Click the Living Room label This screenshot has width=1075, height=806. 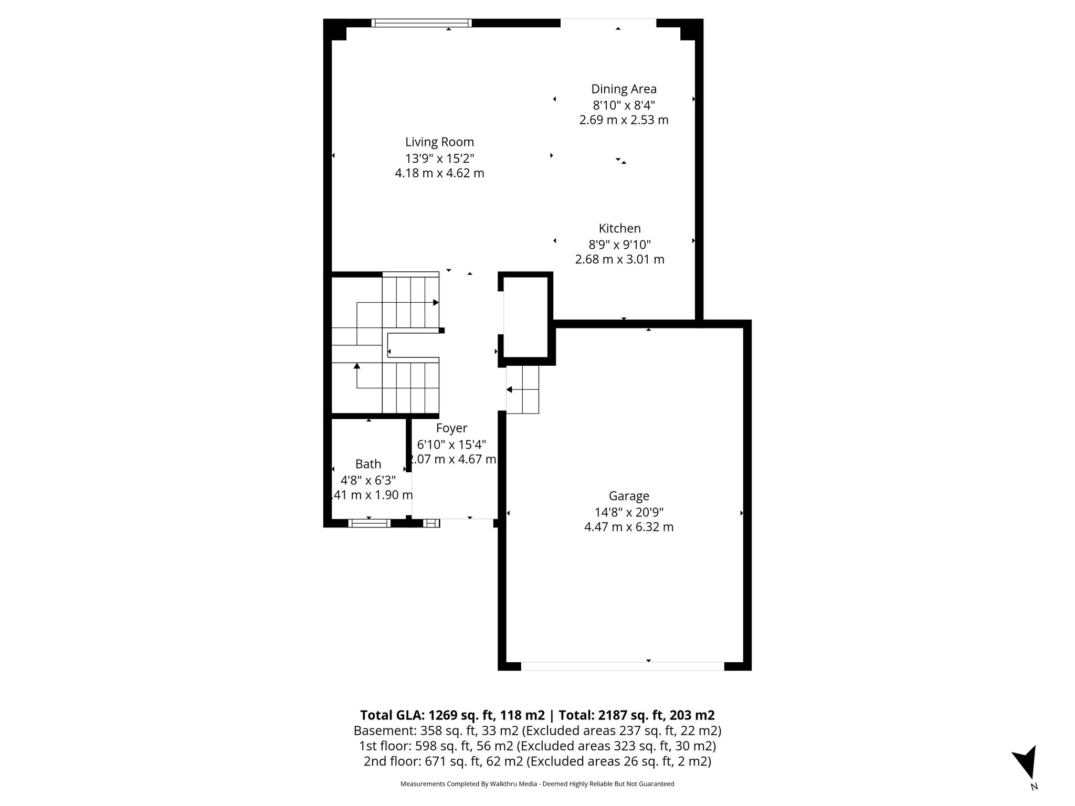439,142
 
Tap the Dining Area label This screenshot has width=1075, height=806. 624,89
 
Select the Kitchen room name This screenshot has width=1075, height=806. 619,229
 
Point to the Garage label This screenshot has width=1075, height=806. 629,496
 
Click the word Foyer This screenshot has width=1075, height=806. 451,428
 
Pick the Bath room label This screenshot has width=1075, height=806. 368,464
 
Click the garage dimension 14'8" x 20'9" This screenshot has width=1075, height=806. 629,512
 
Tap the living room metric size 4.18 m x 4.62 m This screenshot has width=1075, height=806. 439,173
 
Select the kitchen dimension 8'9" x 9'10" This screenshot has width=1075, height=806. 619,244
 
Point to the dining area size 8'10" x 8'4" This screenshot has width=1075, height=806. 624,104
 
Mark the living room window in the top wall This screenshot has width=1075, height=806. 421,23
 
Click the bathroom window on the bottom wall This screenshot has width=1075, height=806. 369,523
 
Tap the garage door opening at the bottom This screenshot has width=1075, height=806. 623,666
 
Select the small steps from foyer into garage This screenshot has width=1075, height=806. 523,389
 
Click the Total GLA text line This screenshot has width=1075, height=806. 537,715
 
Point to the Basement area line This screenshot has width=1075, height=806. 537,730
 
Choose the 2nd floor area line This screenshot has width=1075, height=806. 537,761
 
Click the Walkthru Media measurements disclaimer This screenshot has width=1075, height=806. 537,784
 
